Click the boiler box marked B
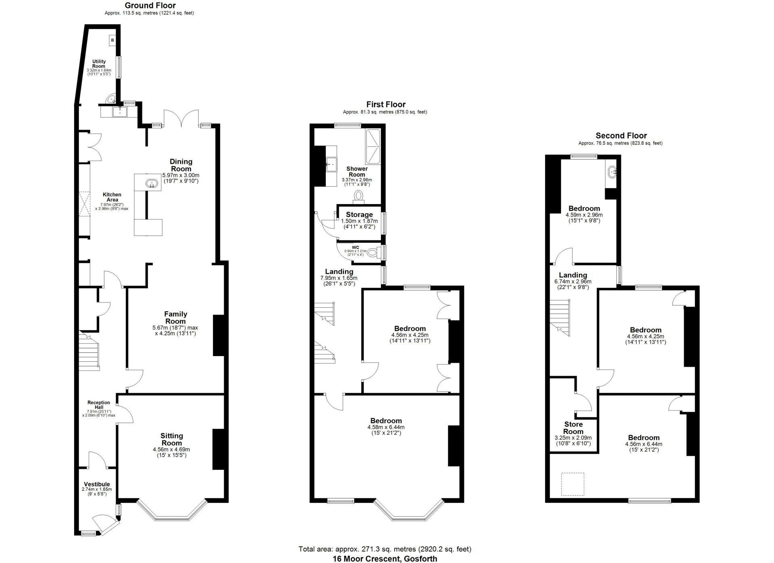click(x=112, y=40)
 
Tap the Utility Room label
click(x=99, y=64)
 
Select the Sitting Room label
click(x=172, y=439)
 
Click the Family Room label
click(x=175, y=317)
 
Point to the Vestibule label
click(x=97, y=484)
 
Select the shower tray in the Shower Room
click(x=373, y=147)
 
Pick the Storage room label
click(x=359, y=215)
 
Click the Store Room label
click(x=573, y=428)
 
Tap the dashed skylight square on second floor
click(x=573, y=484)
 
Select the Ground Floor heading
click(x=150, y=6)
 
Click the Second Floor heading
click(x=621, y=136)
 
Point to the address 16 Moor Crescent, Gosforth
click(x=385, y=559)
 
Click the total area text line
click(x=385, y=549)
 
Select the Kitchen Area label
click(x=112, y=197)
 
